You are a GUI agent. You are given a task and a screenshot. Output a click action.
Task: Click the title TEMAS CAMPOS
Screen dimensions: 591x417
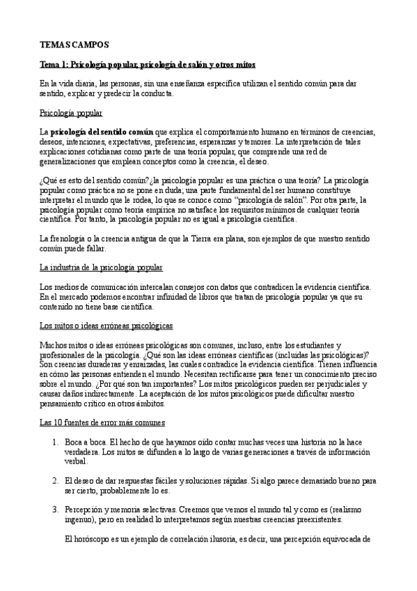74,45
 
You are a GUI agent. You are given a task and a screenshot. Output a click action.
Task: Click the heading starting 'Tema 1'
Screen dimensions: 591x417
148,64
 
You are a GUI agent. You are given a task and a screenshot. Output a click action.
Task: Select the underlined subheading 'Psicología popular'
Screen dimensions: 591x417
72,112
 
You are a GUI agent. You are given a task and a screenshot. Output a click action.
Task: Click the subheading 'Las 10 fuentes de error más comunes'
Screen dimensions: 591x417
102,422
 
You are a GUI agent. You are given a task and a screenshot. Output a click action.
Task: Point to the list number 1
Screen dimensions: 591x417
55,442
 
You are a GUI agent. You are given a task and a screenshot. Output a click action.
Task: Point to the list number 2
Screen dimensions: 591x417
55,480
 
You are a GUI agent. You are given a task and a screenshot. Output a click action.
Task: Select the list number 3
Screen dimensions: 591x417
55,509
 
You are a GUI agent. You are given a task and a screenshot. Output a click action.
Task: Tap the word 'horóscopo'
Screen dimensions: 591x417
95,539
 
